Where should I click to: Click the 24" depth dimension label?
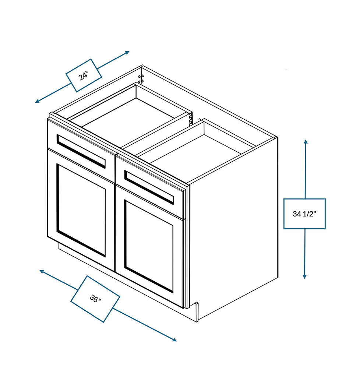pyautogui.click(x=84, y=75)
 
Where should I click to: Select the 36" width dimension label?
pyautogui.click(x=95, y=299)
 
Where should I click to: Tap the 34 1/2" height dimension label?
pyautogui.click(x=304, y=214)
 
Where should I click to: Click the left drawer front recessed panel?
pyautogui.click(x=81, y=151)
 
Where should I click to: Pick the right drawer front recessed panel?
pyautogui.click(x=149, y=187)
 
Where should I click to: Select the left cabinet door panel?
pyautogui.click(x=81, y=210)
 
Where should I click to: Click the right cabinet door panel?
pyautogui.click(x=149, y=245)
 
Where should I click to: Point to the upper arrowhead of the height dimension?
pyautogui.click(x=305, y=141)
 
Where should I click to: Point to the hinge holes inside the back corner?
pyautogui.click(x=141, y=78)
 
